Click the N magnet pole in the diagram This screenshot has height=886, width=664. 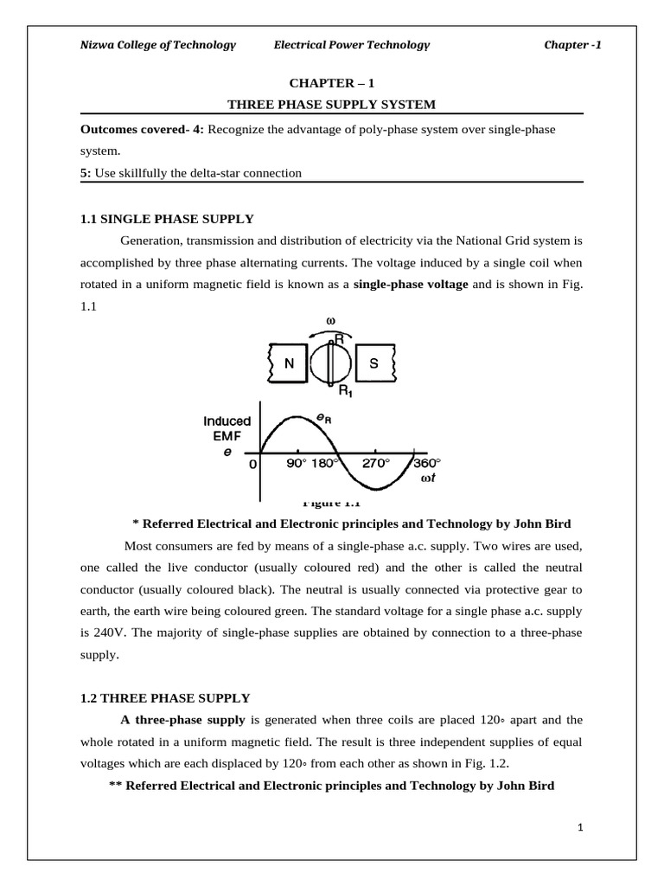(x=289, y=363)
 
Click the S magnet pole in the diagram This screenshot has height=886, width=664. (x=373, y=363)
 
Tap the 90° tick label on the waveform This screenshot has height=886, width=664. (x=297, y=464)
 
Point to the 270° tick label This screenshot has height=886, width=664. (x=375, y=464)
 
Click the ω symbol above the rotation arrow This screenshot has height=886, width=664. (x=330, y=321)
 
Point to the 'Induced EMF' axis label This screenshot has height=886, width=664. (x=227, y=428)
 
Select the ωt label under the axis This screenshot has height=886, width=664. (x=426, y=478)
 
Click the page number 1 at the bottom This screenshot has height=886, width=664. (x=581, y=828)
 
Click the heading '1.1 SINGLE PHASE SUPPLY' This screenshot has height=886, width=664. (x=167, y=219)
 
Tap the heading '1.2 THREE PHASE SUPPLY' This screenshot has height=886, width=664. (x=165, y=697)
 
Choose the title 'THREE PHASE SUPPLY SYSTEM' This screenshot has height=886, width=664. (x=331, y=105)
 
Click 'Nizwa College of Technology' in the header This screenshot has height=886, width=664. (x=158, y=45)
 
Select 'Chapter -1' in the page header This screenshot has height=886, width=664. (x=571, y=45)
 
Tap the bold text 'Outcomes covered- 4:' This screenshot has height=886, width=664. (x=142, y=129)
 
